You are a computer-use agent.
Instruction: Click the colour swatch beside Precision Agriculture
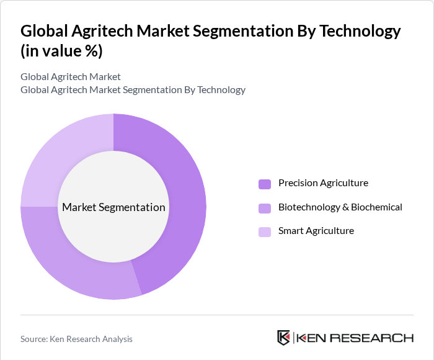click(x=265, y=184)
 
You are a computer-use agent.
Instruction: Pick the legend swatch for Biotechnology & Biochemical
click(x=265, y=208)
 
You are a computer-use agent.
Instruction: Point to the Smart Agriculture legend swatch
click(x=265, y=232)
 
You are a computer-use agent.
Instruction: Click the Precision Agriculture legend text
click(x=323, y=183)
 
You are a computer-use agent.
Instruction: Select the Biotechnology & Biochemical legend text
click(x=340, y=207)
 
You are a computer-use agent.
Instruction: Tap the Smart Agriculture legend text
click(x=316, y=231)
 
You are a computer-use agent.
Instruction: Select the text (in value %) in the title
click(x=61, y=51)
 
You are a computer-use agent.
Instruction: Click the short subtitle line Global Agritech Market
click(x=71, y=77)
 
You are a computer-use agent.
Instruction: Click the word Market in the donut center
click(x=78, y=207)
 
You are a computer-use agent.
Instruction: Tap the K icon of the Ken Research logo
click(x=283, y=338)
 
